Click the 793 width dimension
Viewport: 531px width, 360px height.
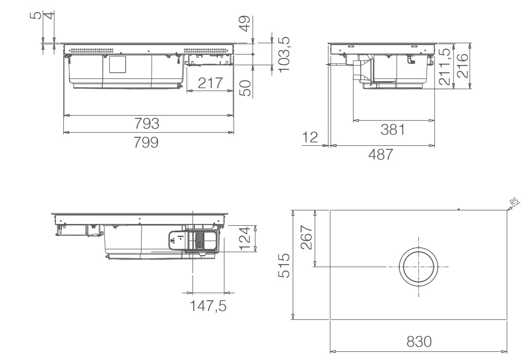pyautogui.click(x=147, y=123)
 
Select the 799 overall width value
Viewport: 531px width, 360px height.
pyautogui.click(x=146, y=142)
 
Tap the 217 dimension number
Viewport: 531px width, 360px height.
pyautogui.click(x=210, y=83)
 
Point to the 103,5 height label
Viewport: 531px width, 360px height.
pyautogui.click(x=284, y=55)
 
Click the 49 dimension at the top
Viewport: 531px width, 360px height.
pyautogui.click(x=244, y=24)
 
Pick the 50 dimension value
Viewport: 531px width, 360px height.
pyautogui.click(x=245, y=88)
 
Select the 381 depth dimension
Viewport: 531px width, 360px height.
pyautogui.click(x=393, y=129)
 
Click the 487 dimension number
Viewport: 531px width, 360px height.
pyautogui.click(x=381, y=154)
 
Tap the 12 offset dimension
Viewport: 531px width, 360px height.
pyautogui.click(x=310, y=137)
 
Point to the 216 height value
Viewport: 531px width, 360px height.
pyautogui.click(x=463, y=66)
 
